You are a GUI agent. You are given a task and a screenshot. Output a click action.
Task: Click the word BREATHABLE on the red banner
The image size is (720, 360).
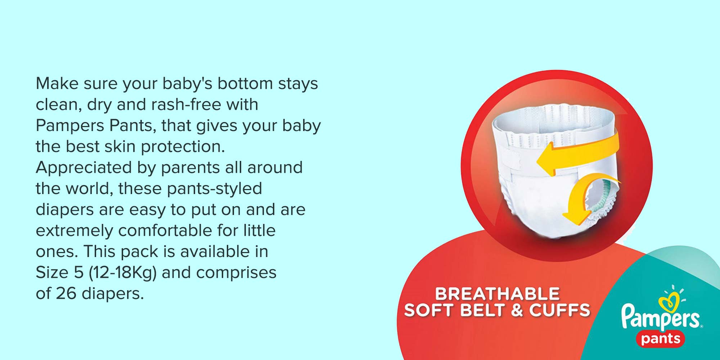(x=497, y=294)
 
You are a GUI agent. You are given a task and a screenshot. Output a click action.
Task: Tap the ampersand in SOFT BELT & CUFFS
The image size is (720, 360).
(x=517, y=310)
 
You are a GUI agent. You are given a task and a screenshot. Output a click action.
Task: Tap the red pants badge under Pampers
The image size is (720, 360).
(x=661, y=339)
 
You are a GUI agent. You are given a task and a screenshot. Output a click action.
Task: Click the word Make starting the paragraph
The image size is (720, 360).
(x=57, y=84)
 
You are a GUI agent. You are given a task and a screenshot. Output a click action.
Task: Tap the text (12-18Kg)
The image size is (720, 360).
(x=123, y=273)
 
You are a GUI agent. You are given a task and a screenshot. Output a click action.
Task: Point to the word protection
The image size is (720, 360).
(x=183, y=147)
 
